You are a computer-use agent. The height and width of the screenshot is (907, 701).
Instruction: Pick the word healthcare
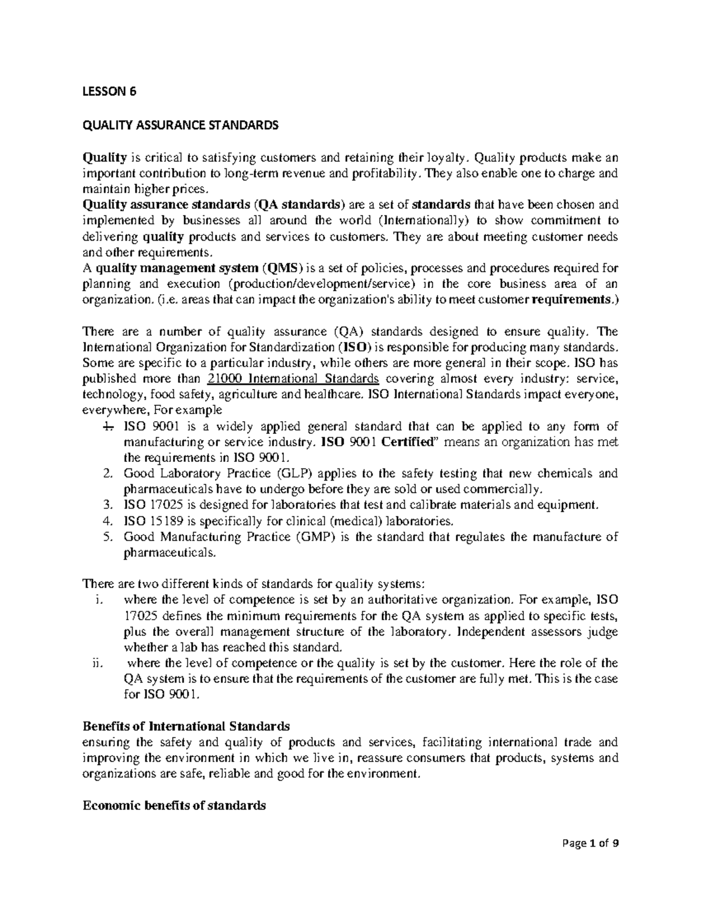(331, 394)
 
